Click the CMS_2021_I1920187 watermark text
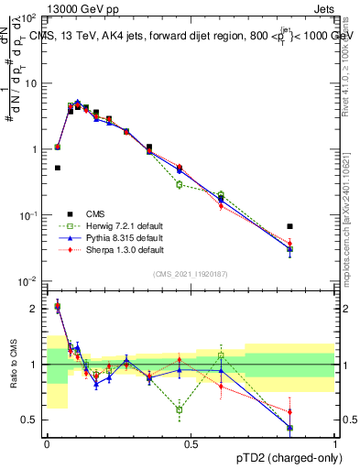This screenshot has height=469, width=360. (x=191, y=274)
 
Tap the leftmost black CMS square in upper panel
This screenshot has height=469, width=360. (x=58, y=168)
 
